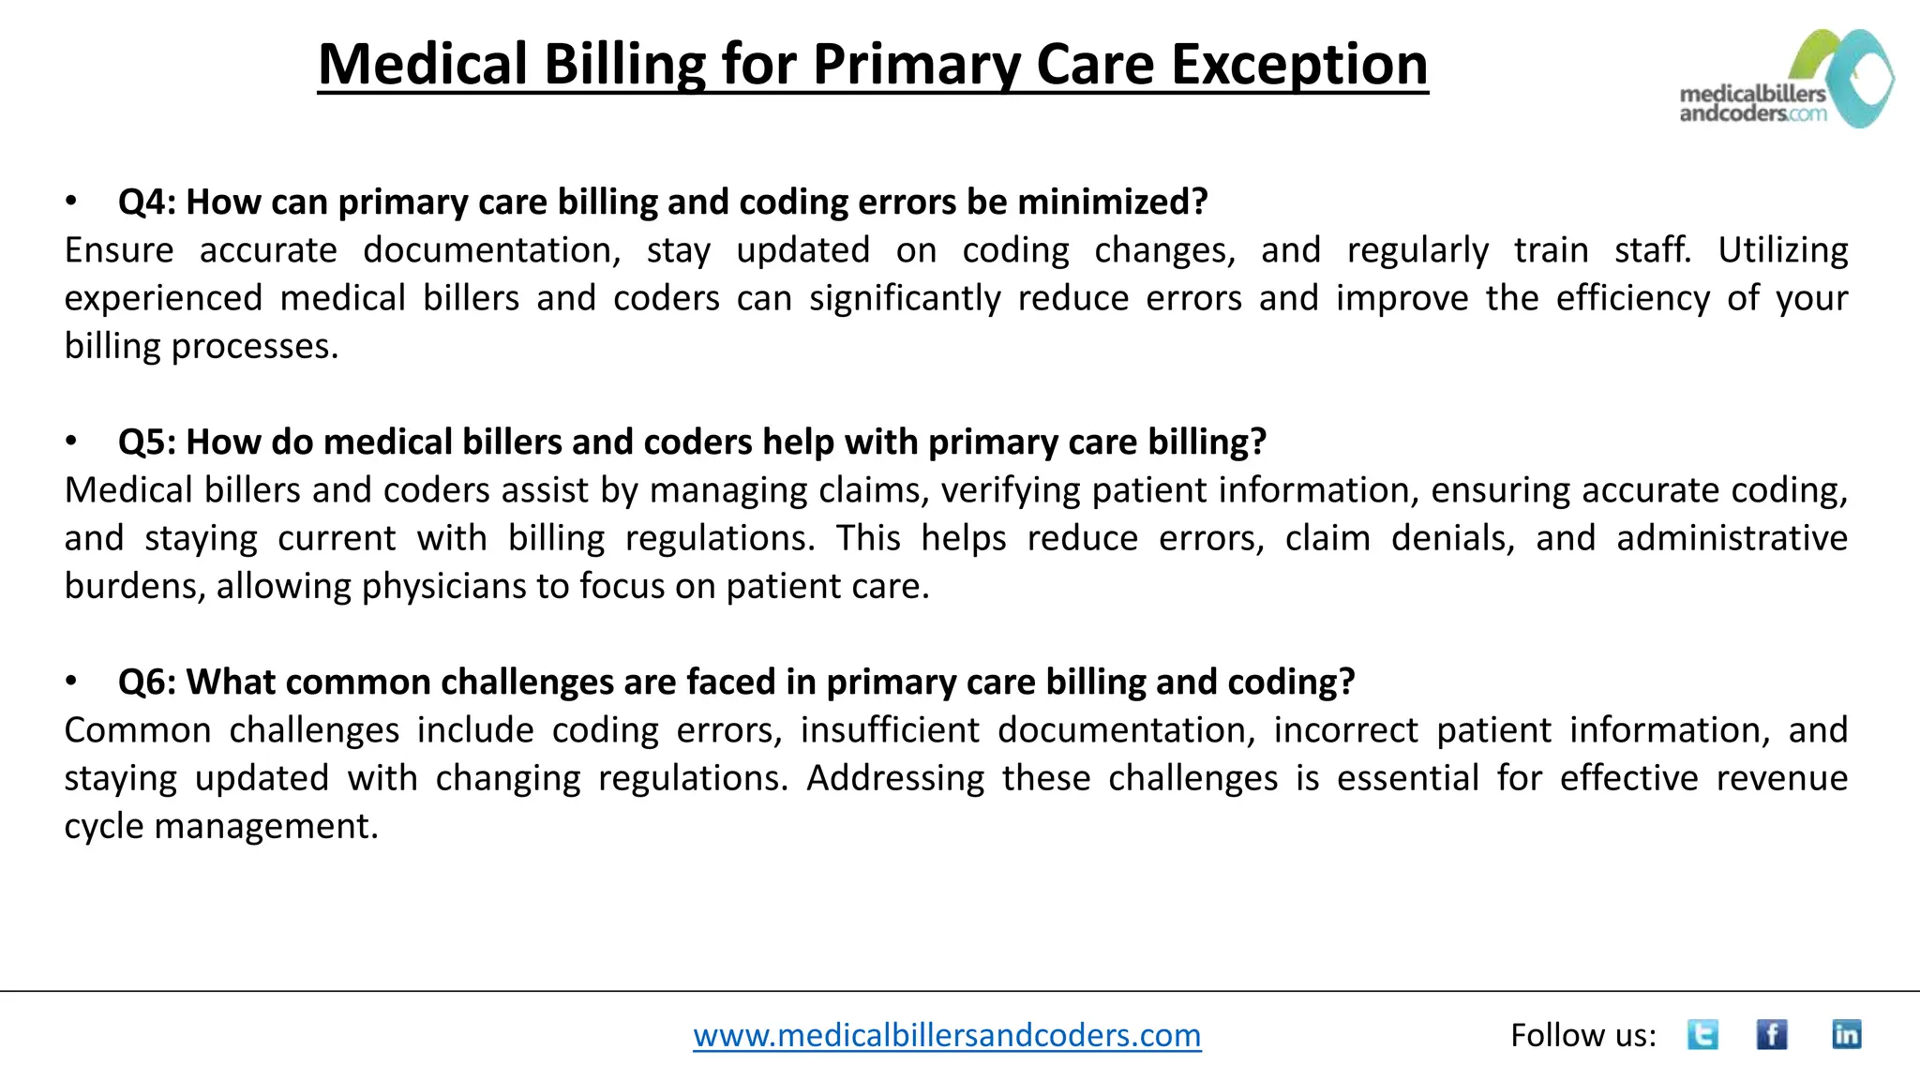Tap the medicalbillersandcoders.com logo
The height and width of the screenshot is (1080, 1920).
coord(1786,80)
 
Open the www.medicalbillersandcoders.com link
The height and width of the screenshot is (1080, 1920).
coord(947,1035)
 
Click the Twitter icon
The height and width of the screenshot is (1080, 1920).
coord(1702,1034)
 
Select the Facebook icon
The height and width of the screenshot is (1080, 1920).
coord(1771,1034)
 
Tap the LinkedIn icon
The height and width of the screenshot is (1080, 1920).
coord(1846,1034)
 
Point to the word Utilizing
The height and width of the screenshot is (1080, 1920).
coord(1782,250)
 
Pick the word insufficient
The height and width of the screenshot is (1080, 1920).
coord(890,730)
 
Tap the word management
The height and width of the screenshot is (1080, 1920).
coord(266,826)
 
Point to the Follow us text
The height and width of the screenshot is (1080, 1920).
coord(1583,1035)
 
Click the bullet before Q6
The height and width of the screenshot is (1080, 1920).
coord(71,682)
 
